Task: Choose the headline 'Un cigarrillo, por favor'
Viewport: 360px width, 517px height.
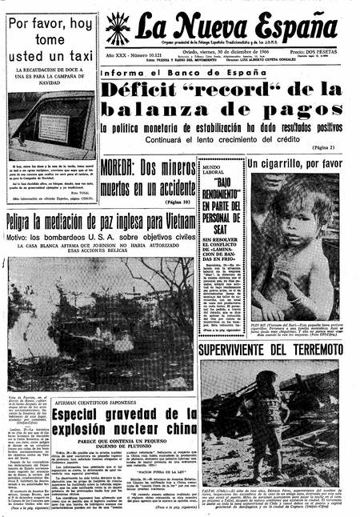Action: [x=294, y=164]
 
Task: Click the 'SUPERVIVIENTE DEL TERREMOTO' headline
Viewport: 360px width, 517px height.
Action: [x=271, y=350]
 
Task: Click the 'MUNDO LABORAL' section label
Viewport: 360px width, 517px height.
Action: [x=214, y=168]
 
